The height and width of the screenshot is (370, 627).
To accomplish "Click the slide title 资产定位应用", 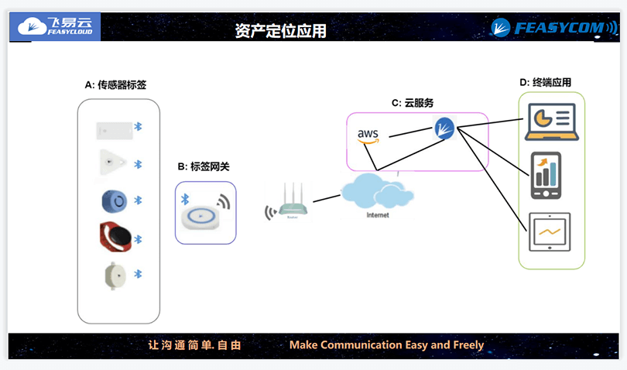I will click(x=281, y=31).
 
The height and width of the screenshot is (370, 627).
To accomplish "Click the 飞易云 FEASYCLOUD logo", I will click(x=57, y=27).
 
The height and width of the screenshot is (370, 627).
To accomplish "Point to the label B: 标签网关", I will click(x=204, y=166).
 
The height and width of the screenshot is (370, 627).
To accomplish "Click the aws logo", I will click(x=368, y=135).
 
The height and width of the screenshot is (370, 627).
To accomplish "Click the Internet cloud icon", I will click(x=377, y=194).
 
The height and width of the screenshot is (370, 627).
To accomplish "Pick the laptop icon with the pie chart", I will click(x=550, y=121).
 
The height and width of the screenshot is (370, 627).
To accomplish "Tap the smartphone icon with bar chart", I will click(x=546, y=176).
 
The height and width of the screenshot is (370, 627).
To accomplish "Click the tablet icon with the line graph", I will click(x=549, y=232).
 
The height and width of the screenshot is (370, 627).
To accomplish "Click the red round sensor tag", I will click(x=115, y=237).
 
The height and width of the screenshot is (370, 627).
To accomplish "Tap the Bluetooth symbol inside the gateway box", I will click(x=185, y=200).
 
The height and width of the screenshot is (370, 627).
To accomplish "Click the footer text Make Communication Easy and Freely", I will click(x=386, y=345).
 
